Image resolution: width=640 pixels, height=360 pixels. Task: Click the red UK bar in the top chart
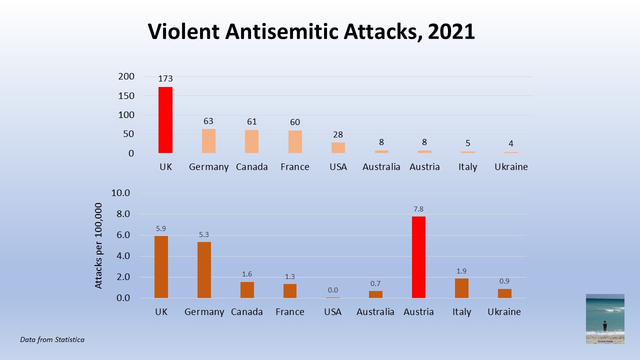tap(165, 120)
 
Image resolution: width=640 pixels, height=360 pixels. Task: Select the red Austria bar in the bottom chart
tap(418, 257)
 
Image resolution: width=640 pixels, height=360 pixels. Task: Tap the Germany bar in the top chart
tap(208, 141)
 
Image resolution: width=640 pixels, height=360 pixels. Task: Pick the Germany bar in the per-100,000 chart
tap(204, 270)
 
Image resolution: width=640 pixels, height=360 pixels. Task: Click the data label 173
tap(165, 78)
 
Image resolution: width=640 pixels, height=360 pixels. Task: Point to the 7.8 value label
tap(418, 209)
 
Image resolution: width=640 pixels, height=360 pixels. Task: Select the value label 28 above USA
tap(338, 134)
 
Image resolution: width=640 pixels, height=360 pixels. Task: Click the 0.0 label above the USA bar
tap(332, 290)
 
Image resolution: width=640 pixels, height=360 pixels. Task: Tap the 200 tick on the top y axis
tap(126, 76)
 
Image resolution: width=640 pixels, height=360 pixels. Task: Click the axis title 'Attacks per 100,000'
tap(98, 245)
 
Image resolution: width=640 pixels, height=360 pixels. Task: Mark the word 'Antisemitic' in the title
tap(281, 31)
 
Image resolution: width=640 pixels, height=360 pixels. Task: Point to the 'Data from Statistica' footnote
tap(52, 339)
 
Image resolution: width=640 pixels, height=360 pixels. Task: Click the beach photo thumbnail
tap(605, 318)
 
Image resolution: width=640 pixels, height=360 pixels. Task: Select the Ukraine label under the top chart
tap(511, 167)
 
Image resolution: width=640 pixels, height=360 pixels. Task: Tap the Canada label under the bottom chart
tap(247, 312)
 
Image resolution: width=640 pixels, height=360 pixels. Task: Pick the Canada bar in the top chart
tap(251, 141)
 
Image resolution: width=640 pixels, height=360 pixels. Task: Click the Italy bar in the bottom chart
tap(461, 288)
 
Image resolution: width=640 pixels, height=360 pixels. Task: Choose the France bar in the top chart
tap(295, 141)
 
